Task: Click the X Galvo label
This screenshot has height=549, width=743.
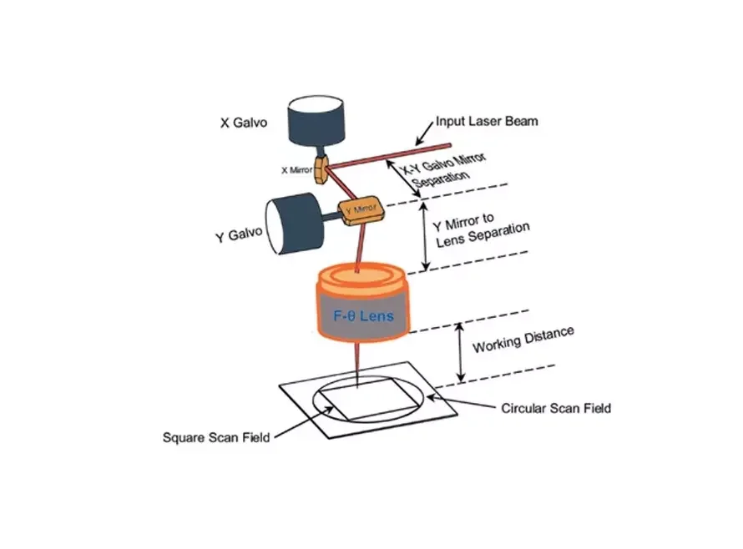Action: [x=244, y=122]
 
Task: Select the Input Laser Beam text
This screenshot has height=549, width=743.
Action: [x=487, y=121]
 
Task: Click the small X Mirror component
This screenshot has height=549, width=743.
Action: [x=321, y=164]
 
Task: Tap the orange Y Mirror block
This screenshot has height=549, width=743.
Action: [x=358, y=209]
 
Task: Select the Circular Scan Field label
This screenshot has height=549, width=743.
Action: [x=556, y=408]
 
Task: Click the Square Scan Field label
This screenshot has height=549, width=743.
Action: [x=216, y=436]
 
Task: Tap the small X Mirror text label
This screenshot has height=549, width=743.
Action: [x=296, y=169]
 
